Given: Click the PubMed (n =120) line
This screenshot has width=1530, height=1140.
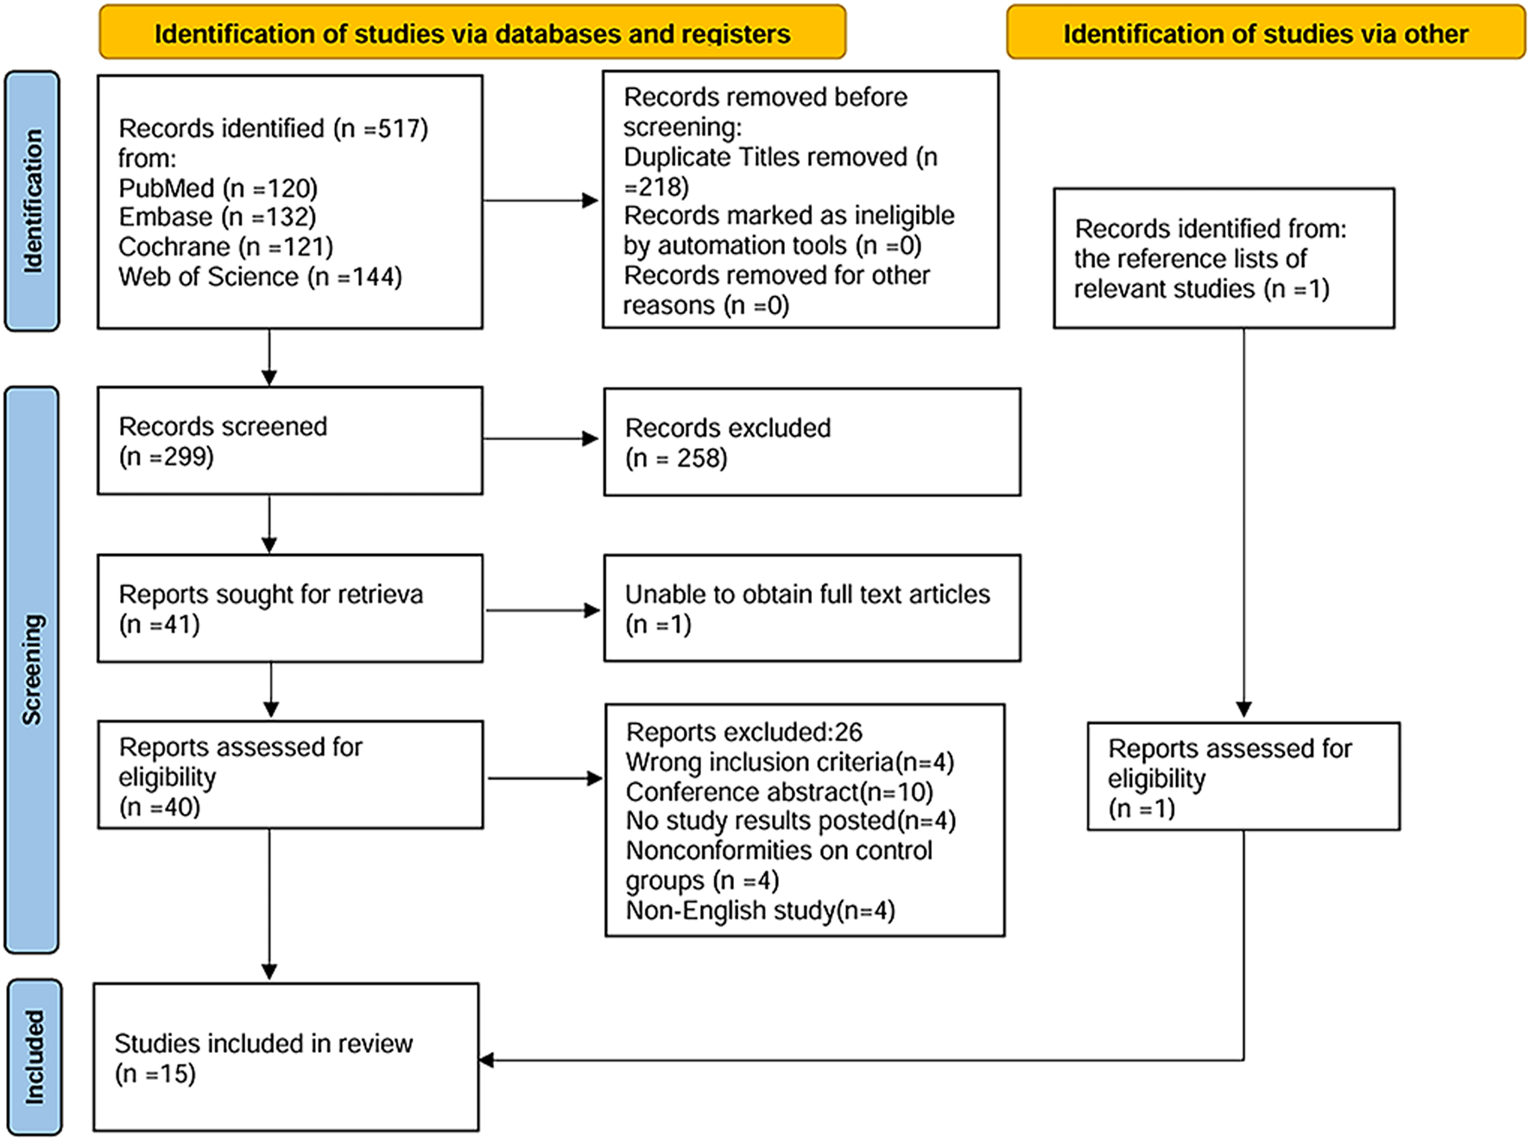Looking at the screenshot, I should click(218, 188).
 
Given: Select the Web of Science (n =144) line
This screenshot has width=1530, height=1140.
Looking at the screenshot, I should click(260, 277).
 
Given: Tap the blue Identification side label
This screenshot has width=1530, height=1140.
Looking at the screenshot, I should click(32, 201).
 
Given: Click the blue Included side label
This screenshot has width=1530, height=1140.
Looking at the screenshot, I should click(35, 1056).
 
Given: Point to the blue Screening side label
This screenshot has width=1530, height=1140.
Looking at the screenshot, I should click(32, 669).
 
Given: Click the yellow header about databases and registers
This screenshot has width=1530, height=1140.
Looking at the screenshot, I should click(472, 34).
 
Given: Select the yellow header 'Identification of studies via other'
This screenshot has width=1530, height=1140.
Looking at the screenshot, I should click(1265, 34).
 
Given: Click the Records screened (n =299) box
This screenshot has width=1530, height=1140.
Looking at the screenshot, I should click(289, 441).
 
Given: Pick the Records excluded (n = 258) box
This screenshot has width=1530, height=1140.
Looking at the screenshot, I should click(812, 442).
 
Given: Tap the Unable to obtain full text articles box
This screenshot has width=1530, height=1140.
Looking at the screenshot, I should click(812, 608).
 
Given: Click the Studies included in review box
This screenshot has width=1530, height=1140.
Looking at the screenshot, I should click(286, 1057).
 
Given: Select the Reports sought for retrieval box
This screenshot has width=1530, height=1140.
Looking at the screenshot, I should click(289, 608).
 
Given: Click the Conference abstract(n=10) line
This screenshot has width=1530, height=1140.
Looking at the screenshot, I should click(779, 792).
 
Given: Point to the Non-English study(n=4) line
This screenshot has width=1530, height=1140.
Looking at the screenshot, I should click(760, 910).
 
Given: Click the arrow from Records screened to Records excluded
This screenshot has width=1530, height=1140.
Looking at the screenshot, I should click(541, 439).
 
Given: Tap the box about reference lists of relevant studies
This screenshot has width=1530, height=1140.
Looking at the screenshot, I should click(1223, 259).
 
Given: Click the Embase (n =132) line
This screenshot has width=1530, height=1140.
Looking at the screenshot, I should click(217, 217).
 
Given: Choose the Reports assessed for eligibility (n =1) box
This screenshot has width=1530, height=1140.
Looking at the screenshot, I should click(1242, 777).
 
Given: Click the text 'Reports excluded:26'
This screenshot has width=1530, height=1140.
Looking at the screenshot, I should click(743, 732).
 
